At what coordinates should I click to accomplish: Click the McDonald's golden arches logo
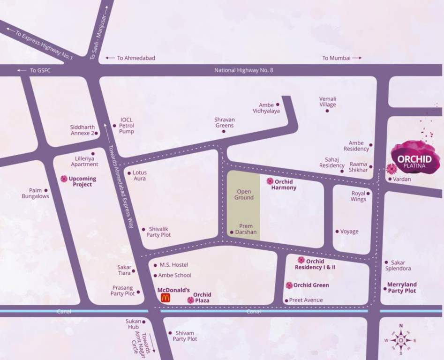pyautogui.click(x=165, y=298)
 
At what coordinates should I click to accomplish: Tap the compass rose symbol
pyautogui.click(x=400, y=340)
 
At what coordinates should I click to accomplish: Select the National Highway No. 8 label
pyautogui.click(x=243, y=70)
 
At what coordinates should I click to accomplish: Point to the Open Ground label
pyautogui.click(x=244, y=195)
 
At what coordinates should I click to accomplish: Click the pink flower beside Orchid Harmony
pyautogui.click(x=270, y=181)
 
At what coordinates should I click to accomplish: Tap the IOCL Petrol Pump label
pyautogui.click(x=127, y=126)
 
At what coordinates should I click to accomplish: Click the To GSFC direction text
pyautogui.click(x=40, y=70)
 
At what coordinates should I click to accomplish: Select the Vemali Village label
pyautogui.click(x=328, y=102)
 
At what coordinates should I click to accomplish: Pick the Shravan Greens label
pyautogui.click(x=225, y=122)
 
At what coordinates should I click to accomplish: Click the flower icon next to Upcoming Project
pyautogui.click(x=64, y=179)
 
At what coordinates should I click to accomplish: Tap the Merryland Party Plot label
pyautogui.click(x=402, y=288)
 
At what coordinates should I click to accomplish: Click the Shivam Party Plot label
pyautogui.click(x=185, y=336)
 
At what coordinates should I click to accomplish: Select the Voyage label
pyautogui.click(x=349, y=232)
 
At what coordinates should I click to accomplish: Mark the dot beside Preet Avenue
pyautogui.click(x=286, y=300)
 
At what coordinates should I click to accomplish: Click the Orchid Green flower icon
pyautogui.click(x=289, y=285)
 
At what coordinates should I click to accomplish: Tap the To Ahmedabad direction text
pyautogui.click(x=136, y=58)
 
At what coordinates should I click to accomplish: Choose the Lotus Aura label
pyautogui.click(x=139, y=175)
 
